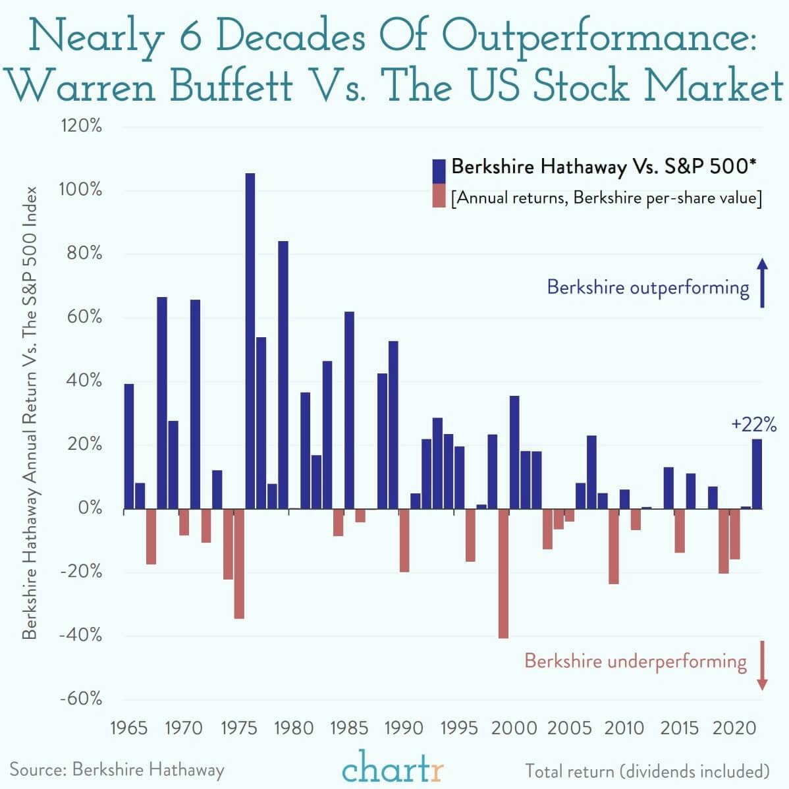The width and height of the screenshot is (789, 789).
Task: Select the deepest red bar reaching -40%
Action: pos(503,574)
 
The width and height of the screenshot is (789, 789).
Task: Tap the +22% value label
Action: pos(753,423)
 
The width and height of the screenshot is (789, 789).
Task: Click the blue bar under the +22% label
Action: pos(757,474)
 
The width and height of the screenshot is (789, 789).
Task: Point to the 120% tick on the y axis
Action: pos(82,126)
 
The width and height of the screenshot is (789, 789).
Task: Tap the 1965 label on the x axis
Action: pos(128,728)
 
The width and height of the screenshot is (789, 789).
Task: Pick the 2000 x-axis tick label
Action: pos(514,728)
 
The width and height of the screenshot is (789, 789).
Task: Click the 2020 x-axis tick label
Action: pos(735,728)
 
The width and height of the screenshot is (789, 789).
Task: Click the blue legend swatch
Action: pos(439,171)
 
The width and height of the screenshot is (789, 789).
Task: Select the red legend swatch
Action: pos(439,197)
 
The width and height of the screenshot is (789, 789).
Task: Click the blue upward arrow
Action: pos(762,283)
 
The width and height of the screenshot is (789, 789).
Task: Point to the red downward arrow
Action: pos(762,665)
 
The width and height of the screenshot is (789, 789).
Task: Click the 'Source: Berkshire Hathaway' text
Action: pos(117,769)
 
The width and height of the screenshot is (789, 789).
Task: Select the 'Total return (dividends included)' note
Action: pos(647,771)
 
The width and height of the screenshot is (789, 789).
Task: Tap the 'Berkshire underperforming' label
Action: pos(636,661)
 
